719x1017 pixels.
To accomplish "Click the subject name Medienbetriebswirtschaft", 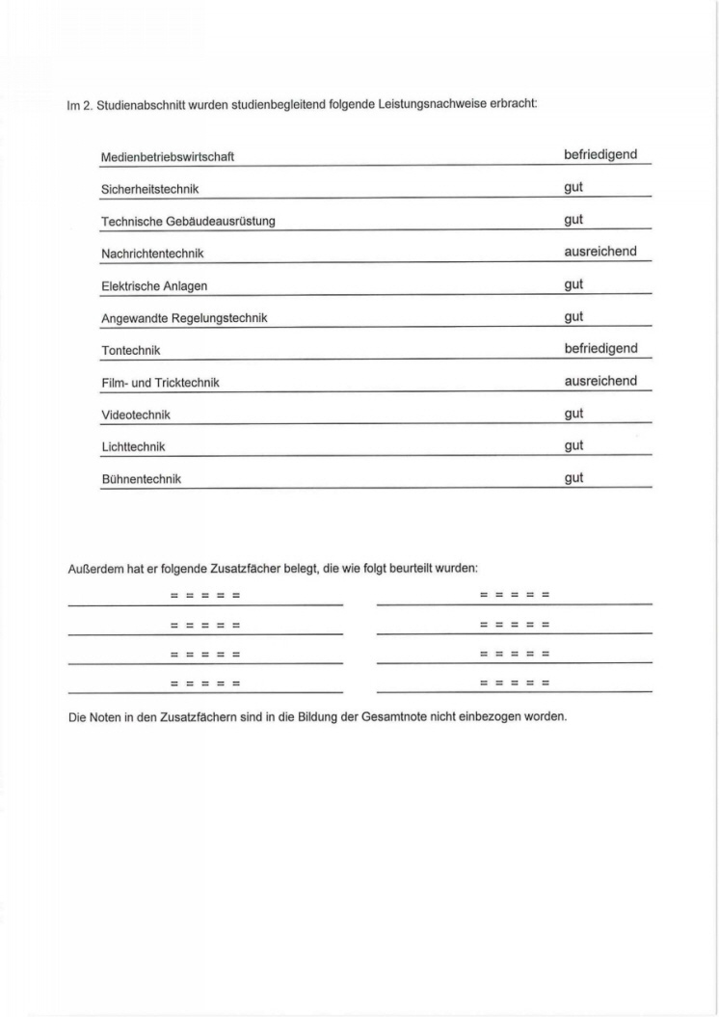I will [x=168, y=157].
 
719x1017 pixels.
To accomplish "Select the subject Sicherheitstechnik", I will [x=149, y=189].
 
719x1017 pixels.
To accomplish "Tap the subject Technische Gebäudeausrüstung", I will [x=188, y=222].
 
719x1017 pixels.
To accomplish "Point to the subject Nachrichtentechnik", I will [x=152, y=254].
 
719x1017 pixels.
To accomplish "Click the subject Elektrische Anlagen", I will [x=154, y=286].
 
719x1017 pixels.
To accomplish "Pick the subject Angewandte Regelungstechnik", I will [x=184, y=318].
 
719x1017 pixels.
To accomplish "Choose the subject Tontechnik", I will [x=131, y=351].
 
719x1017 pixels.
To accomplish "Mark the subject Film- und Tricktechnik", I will [x=160, y=383].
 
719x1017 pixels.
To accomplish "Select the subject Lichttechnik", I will [x=133, y=447].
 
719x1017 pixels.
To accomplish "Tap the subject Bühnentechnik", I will [x=141, y=479].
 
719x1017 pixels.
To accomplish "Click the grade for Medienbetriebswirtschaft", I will [x=600, y=155].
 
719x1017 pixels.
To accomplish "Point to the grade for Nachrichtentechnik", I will [x=600, y=252].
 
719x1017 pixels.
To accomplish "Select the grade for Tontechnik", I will [x=600, y=349].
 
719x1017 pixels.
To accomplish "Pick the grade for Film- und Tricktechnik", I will [x=600, y=381].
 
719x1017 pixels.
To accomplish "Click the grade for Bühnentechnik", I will [x=573, y=478].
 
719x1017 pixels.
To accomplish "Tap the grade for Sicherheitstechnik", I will [x=573, y=188].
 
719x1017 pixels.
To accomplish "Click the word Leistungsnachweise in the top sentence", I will [x=445, y=104].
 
